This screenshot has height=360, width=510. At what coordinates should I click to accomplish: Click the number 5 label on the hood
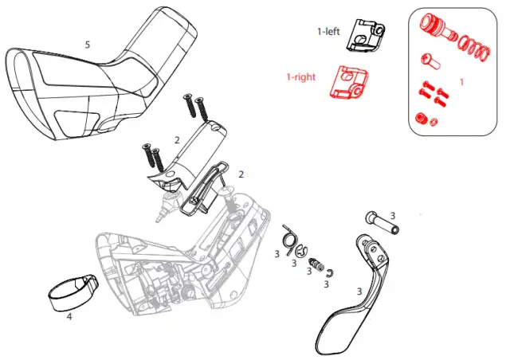coord(87,45)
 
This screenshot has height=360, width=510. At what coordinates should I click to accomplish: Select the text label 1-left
coord(328,32)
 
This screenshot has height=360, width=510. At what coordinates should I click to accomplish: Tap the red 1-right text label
coord(301,77)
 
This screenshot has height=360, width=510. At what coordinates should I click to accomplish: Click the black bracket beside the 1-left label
coord(365,35)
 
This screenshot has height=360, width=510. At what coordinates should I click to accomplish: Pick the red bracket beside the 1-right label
coord(349,82)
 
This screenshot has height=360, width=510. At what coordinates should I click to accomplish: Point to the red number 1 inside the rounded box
coord(461,83)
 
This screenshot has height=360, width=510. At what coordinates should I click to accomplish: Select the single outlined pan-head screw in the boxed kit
coord(430,62)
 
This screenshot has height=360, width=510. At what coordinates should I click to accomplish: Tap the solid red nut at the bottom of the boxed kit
coord(421,119)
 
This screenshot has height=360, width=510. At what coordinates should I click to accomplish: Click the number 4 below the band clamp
coord(69,315)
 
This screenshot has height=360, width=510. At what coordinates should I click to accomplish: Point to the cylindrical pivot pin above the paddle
coord(382,223)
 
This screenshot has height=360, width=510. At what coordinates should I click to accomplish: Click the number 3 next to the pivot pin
coord(393,216)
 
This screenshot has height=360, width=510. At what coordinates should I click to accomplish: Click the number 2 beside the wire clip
coord(241,174)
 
